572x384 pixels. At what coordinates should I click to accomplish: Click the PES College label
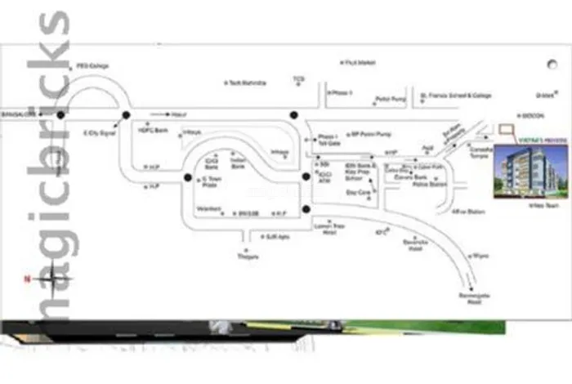tap(92, 65)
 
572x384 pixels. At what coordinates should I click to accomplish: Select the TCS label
tap(298, 79)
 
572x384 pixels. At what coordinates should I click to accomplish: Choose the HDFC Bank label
tap(153, 129)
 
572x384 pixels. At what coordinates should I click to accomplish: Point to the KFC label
tap(379, 231)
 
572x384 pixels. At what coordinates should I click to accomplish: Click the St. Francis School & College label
tap(455, 96)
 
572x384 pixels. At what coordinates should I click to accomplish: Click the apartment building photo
tap(524, 171)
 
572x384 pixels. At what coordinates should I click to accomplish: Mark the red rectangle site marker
tap(508, 127)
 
